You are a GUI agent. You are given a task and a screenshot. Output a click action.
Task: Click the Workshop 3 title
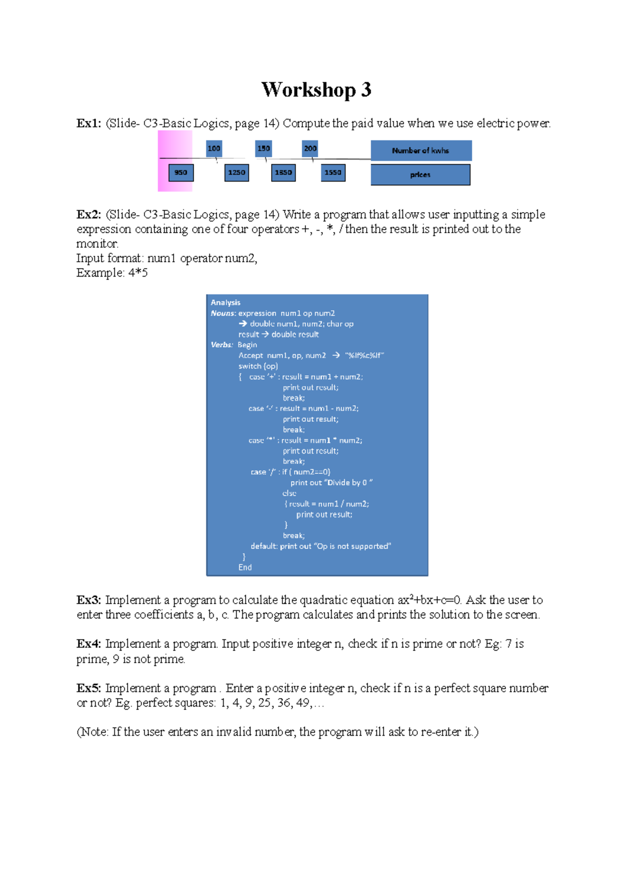tap(316, 90)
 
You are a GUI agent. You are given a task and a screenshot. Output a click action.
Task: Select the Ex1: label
tap(88, 123)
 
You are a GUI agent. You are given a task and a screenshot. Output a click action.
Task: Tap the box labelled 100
tap(214, 148)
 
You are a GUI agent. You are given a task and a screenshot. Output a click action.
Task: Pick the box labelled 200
tap(310, 148)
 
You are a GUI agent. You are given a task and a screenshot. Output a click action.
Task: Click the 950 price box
tap(181, 173)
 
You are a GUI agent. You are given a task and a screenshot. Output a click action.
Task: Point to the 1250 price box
tap(236, 173)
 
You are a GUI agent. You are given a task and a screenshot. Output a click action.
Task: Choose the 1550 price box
tap(333, 173)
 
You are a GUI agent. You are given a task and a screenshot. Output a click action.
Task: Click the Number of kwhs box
tap(420, 150)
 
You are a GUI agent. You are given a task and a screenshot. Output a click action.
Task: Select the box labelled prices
tap(420, 175)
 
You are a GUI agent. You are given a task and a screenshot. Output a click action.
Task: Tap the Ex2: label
tap(88, 215)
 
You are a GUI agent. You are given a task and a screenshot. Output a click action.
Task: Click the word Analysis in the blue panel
tap(225, 302)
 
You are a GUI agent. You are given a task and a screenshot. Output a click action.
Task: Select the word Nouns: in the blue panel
tap(223, 313)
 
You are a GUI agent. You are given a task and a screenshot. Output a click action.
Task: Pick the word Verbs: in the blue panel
tap(222, 345)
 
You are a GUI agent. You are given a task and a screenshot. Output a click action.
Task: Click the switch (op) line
tap(258, 366)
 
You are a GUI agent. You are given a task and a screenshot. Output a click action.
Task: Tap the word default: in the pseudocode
tap(264, 546)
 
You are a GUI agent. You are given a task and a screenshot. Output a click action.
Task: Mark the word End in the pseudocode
tap(245, 567)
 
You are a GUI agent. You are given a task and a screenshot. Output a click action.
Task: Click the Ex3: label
tap(88, 600)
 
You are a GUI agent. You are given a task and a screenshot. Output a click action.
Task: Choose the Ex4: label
tap(88, 644)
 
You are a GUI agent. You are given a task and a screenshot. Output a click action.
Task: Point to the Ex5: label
tap(88, 688)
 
